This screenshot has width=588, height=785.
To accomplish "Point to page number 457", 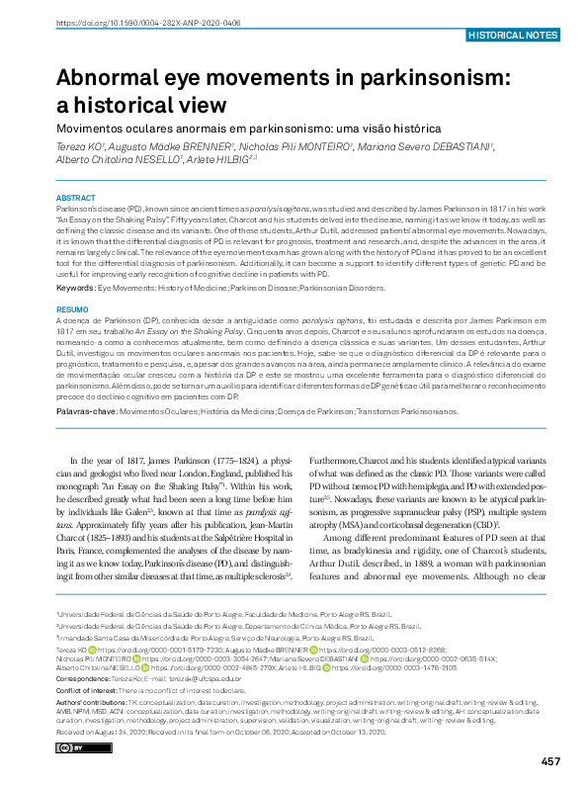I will click(x=550, y=761).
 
